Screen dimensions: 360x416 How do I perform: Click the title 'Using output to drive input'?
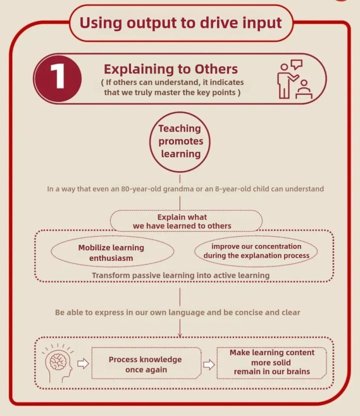click(x=180, y=22)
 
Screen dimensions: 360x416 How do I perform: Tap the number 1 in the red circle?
click(x=58, y=78)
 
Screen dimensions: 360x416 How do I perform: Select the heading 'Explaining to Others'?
click(x=170, y=69)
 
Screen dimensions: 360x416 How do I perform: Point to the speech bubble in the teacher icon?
click(x=296, y=64)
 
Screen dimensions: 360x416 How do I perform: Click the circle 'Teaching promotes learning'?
click(x=180, y=141)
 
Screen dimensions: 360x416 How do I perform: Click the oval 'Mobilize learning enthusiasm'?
click(x=111, y=253)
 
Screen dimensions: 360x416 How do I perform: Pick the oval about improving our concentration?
click(x=256, y=251)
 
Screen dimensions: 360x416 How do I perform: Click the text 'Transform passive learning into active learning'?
click(x=180, y=275)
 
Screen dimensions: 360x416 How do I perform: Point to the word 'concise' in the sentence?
click(x=260, y=312)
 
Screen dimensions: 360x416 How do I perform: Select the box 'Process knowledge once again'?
click(x=145, y=364)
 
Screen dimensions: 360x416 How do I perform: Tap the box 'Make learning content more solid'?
click(x=272, y=362)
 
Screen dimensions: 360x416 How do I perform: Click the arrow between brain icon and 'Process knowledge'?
click(x=83, y=363)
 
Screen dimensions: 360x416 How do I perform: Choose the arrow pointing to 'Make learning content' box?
click(x=208, y=364)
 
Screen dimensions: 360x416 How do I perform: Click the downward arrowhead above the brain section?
click(x=180, y=334)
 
